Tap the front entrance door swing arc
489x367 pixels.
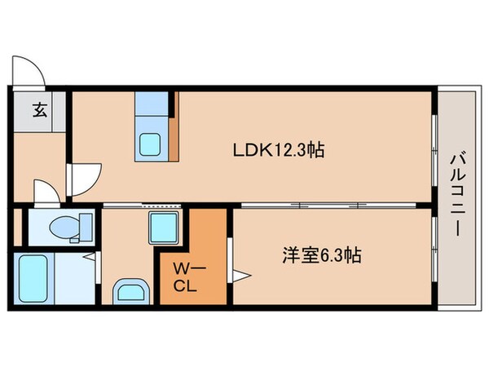point(29,72)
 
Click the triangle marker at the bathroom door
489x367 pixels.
point(95,259)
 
